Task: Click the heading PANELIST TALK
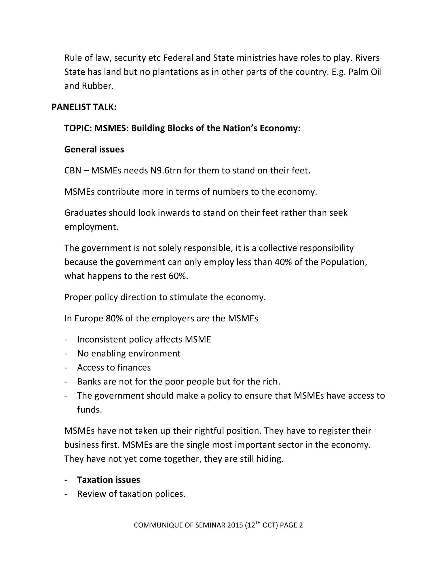[84, 107]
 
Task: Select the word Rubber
[98, 86]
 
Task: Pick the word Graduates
[85, 213]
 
